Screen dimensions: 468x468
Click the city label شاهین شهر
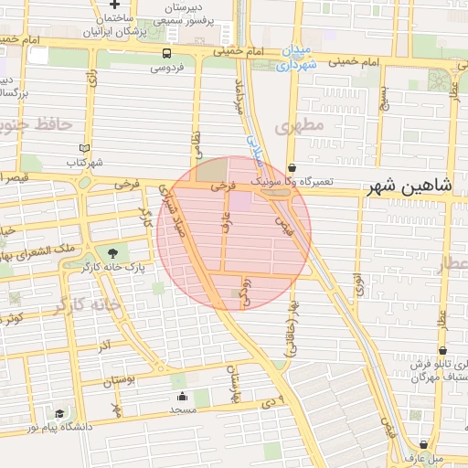[x=409, y=186]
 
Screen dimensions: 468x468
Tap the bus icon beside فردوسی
[x=165, y=53]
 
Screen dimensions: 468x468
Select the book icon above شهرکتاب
[x=85, y=148]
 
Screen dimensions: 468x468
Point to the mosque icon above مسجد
[x=182, y=396]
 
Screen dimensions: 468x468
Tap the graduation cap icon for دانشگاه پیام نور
[x=59, y=413]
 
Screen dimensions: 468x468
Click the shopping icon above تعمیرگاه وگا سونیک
[x=292, y=168]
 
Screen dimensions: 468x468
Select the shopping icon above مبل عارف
[x=422, y=443]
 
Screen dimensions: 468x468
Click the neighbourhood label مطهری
[x=299, y=127]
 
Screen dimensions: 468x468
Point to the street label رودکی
[x=244, y=292]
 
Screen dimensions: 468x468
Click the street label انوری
[x=359, y=281]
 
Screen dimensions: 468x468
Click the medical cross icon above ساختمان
[x=113, y=5]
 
